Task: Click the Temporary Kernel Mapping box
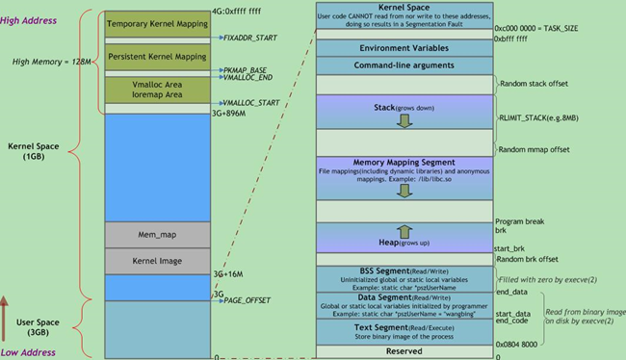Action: tap(156, 24)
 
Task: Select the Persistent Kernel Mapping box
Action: tap(156, 57)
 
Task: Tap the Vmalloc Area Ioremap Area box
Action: tap(156, 90)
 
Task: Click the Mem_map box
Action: tap(156, 233)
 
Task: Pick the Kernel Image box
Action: tap(156, 261)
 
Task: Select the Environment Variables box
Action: tap(404, 48)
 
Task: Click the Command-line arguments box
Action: tap(404, 65)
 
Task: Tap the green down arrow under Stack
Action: tap(404, 121)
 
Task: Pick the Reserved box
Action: tap(404, 352)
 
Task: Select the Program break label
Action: tap(520, 221)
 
